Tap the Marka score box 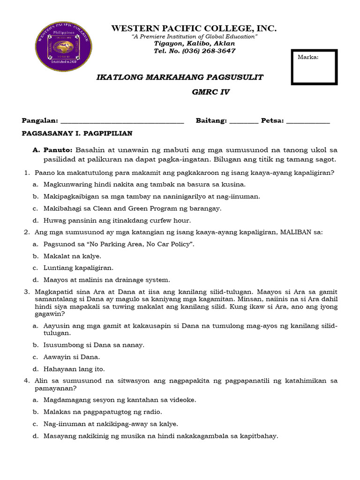(x=314, y=67)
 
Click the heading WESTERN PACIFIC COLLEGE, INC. (x=194, y=29)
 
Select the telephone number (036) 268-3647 (x=208, y=51)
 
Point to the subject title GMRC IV (x=211, y=92)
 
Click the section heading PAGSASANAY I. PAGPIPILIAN (x=77, y=134)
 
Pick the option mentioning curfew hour (x=117, y=220)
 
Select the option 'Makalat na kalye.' (x=72, y=256)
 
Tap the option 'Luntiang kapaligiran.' (x=78, y=268)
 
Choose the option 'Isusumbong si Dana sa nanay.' (x=94, y=345)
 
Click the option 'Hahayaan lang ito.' (x=74, y=369)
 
